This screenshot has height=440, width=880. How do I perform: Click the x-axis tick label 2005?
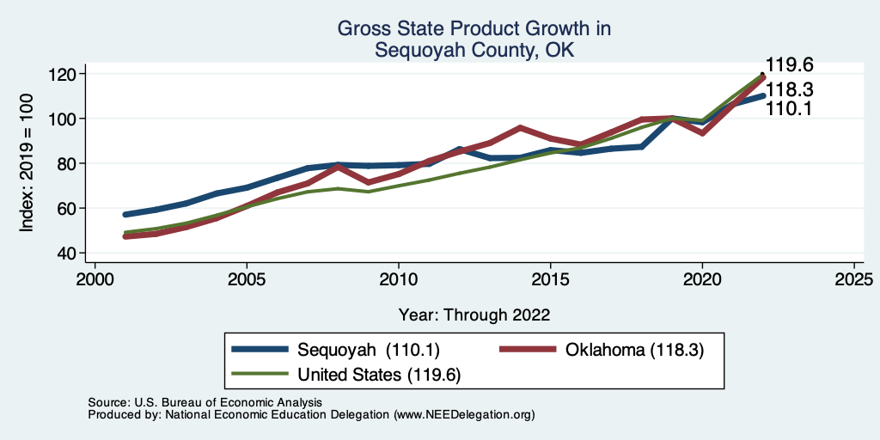[247, 280]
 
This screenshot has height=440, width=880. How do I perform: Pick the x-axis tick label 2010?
[398, 280]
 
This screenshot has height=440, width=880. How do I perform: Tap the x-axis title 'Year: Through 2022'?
[474, 315]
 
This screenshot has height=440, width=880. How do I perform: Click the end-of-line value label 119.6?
[790, 65]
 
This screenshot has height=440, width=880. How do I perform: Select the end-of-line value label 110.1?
[790, 109]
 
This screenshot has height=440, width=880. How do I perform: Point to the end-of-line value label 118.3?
[790, 89]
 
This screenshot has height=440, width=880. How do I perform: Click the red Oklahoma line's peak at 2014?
[520, 127]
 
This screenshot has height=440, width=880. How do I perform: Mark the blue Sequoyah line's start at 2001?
[125, 214]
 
